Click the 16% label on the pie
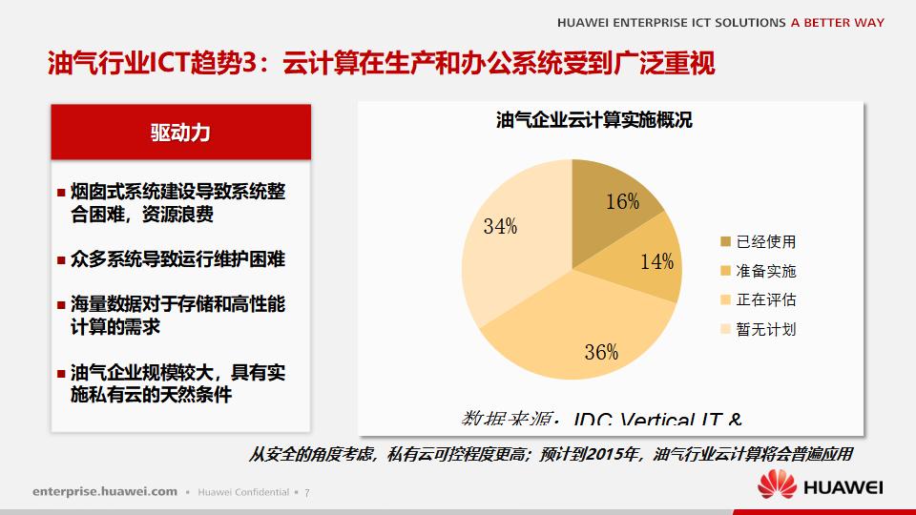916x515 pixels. [x=622, y=201]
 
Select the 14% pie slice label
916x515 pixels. [x=656, y=262]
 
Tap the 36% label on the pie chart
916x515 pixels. [x=601, y=352]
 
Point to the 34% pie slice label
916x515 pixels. [x=500, y=226]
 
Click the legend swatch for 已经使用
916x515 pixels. [x=725, y=242]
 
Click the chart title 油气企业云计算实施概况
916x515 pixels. [x=594, y=121]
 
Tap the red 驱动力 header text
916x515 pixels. [x=180, y=133]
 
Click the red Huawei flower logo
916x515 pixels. [x=777, y=486]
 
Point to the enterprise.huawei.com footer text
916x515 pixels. [x=105, y=491]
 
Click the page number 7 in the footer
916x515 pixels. [x=307, y=492]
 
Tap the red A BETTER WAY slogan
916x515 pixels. [x=837, y=23]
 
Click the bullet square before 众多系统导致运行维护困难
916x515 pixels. [x=61, y=259]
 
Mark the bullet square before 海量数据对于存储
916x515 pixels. [x=61, y=305]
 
